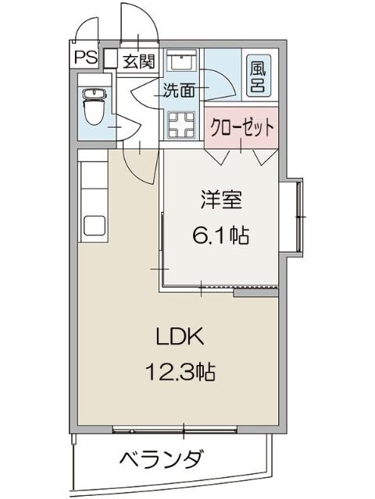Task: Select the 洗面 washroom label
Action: (179, 90)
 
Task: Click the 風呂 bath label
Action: (257, 76)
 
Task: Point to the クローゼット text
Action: (242, 127)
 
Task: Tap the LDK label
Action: (179, 338)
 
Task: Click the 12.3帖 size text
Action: (179, 371)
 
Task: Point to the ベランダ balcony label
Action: (162, 458)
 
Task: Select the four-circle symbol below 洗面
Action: (181, 123)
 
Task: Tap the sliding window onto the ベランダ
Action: (184, 428)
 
